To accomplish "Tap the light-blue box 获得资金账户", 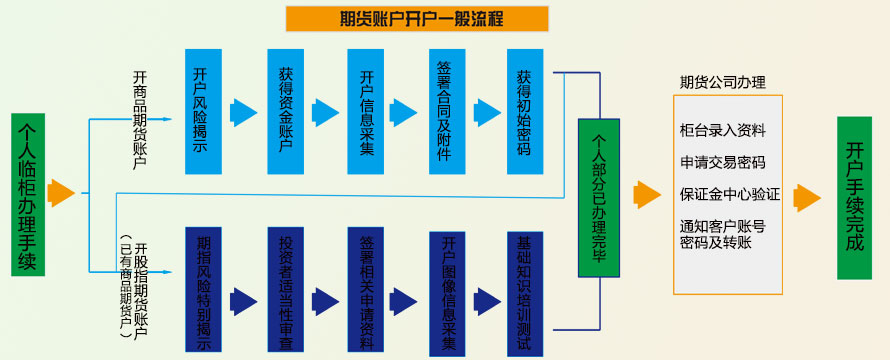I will pyautogui.click(x=285, y=110).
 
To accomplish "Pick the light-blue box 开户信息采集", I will pyautogui.click(x=366, y=110).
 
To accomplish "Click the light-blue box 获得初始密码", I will pyautogui.click(x=524, y=110).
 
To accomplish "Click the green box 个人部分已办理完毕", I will pyautogui.click(x=600, y=197).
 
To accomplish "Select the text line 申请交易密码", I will pyautogui.click(x=722, y=162).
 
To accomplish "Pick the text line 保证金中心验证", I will pyautogui.click(x=729, y=194).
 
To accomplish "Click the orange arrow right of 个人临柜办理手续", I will pyautogui.click(x=62, y=193).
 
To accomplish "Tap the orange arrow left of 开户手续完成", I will pyautogui.click(x=806, y=197).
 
